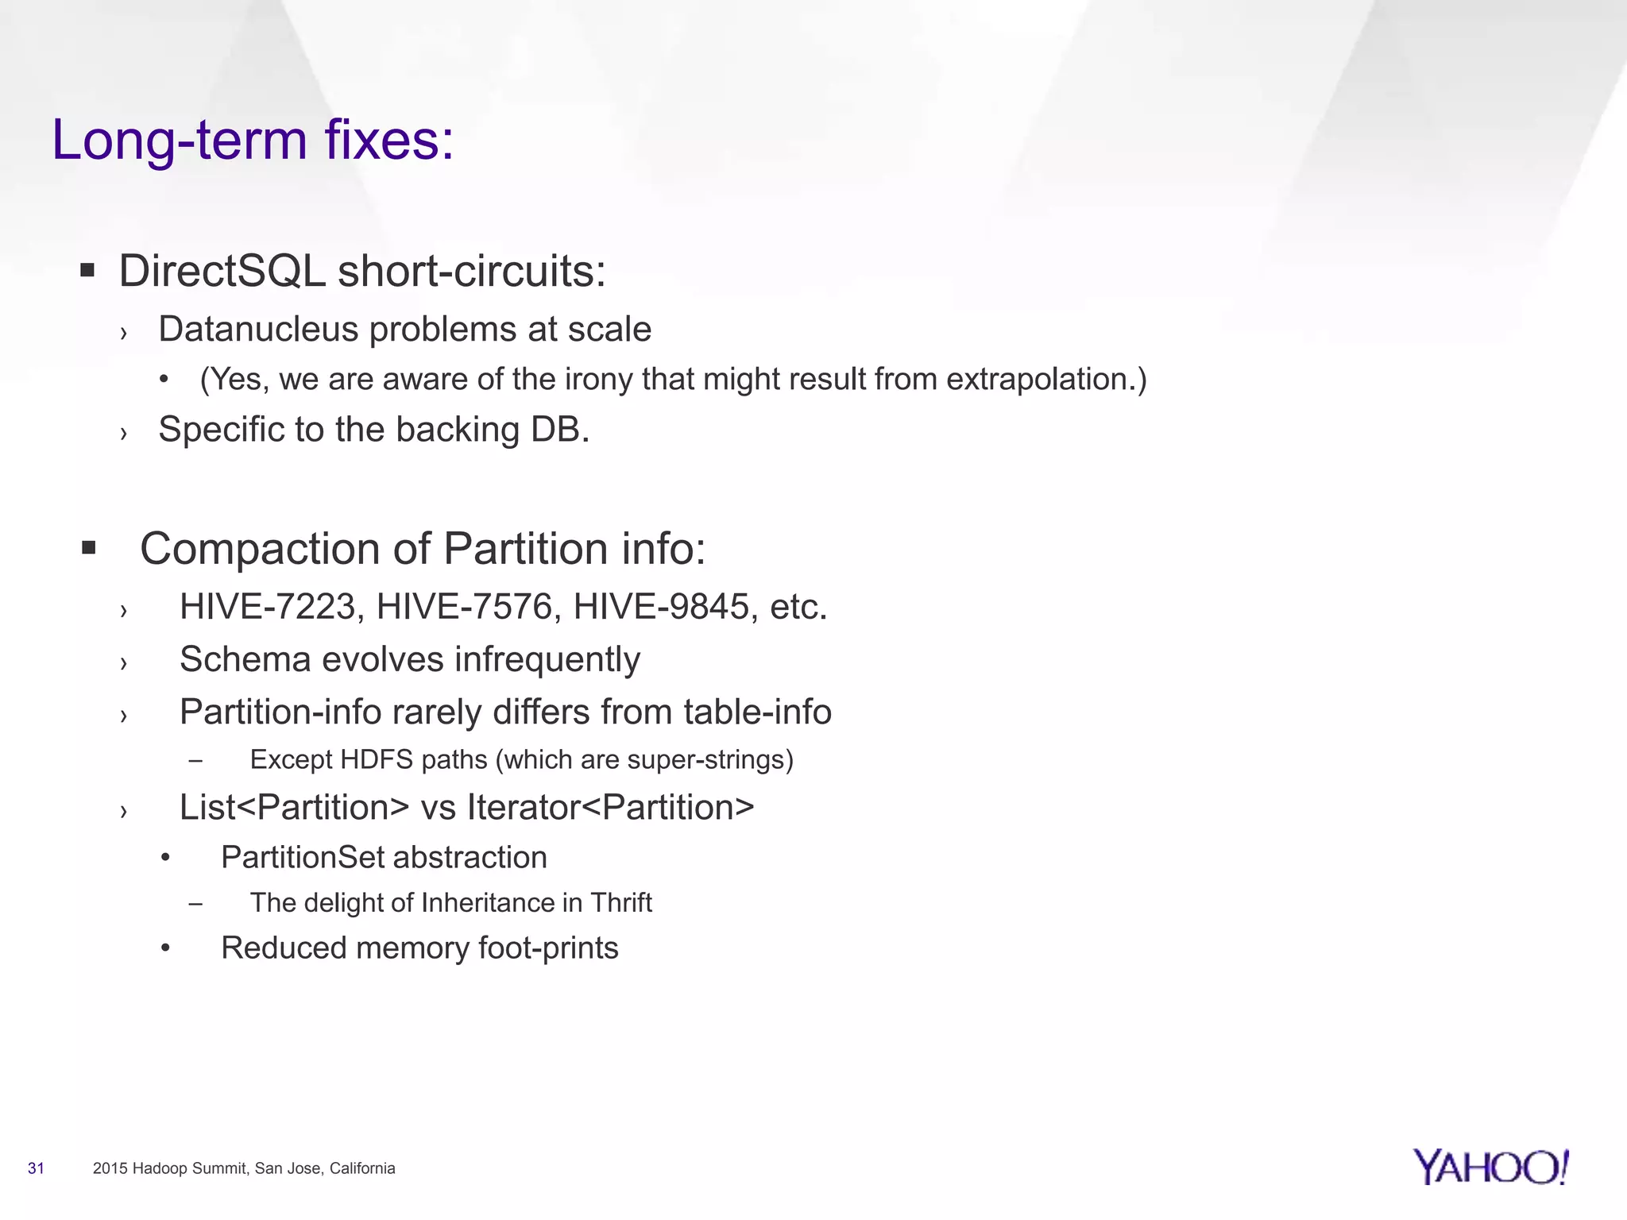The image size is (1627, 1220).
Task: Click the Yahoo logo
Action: click(x=1490, y=1167)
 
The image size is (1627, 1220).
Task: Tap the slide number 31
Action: click(x=36, y=1168)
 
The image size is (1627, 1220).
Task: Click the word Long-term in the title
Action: click(x=180, y=141)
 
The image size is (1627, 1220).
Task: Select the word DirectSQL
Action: click(x=222, y=272)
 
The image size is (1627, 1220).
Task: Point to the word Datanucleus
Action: click(x=258, y=330)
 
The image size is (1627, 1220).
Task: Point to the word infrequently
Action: click(x=547, y=660)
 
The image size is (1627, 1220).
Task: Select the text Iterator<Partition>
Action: click(x=610, y=808)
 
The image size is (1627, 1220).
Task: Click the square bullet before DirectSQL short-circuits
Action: click(x=87, y=271)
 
